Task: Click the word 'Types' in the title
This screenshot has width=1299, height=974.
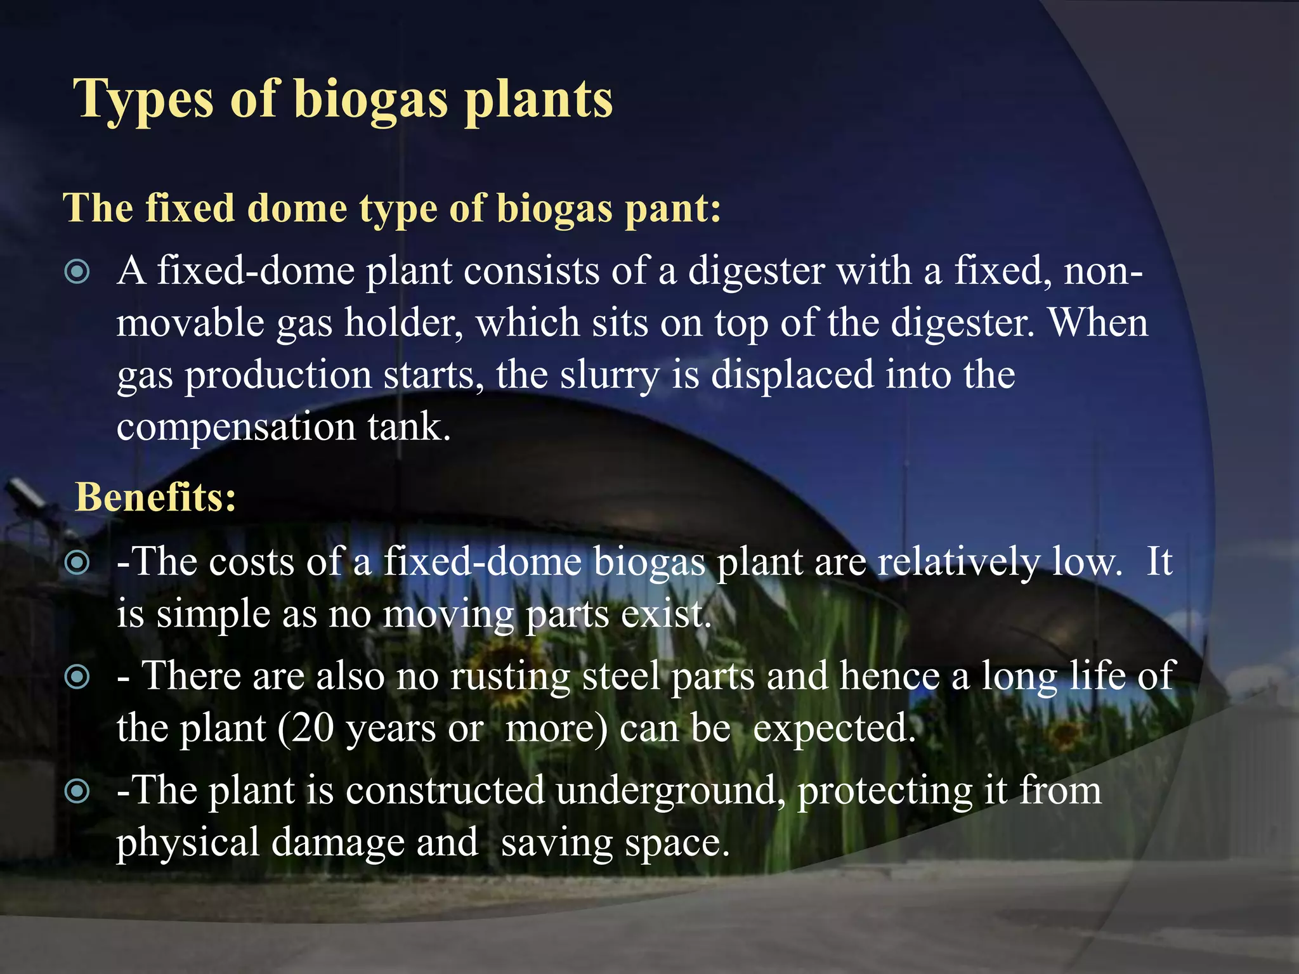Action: [143, 100]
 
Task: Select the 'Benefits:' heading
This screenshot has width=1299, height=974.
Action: [156, 497]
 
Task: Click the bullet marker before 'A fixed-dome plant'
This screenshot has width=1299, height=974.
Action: [77, 273]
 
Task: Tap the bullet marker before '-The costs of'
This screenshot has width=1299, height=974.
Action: [77, 562]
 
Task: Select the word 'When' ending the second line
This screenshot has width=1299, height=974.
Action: [1098, 323]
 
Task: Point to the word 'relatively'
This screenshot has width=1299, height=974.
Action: [958, 562]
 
